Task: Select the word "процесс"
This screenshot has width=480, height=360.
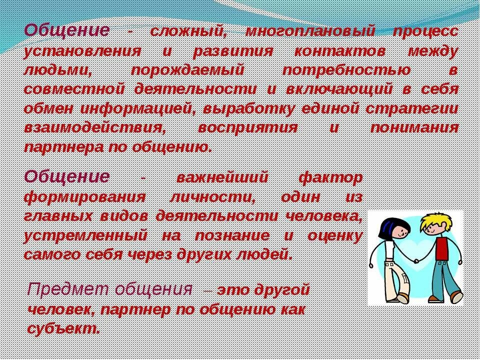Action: (x=425, y=31)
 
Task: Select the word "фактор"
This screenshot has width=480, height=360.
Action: (x=330, y=177)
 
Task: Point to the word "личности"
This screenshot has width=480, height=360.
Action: (x=213, y=196)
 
